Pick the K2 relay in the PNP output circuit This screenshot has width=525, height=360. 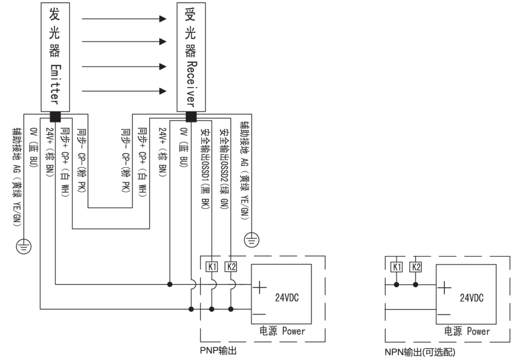[231, 267]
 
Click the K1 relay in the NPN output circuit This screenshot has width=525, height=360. [397, 267]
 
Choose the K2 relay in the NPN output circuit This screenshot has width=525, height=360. [415, 267]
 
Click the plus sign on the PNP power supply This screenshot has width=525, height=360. [261, 285]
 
